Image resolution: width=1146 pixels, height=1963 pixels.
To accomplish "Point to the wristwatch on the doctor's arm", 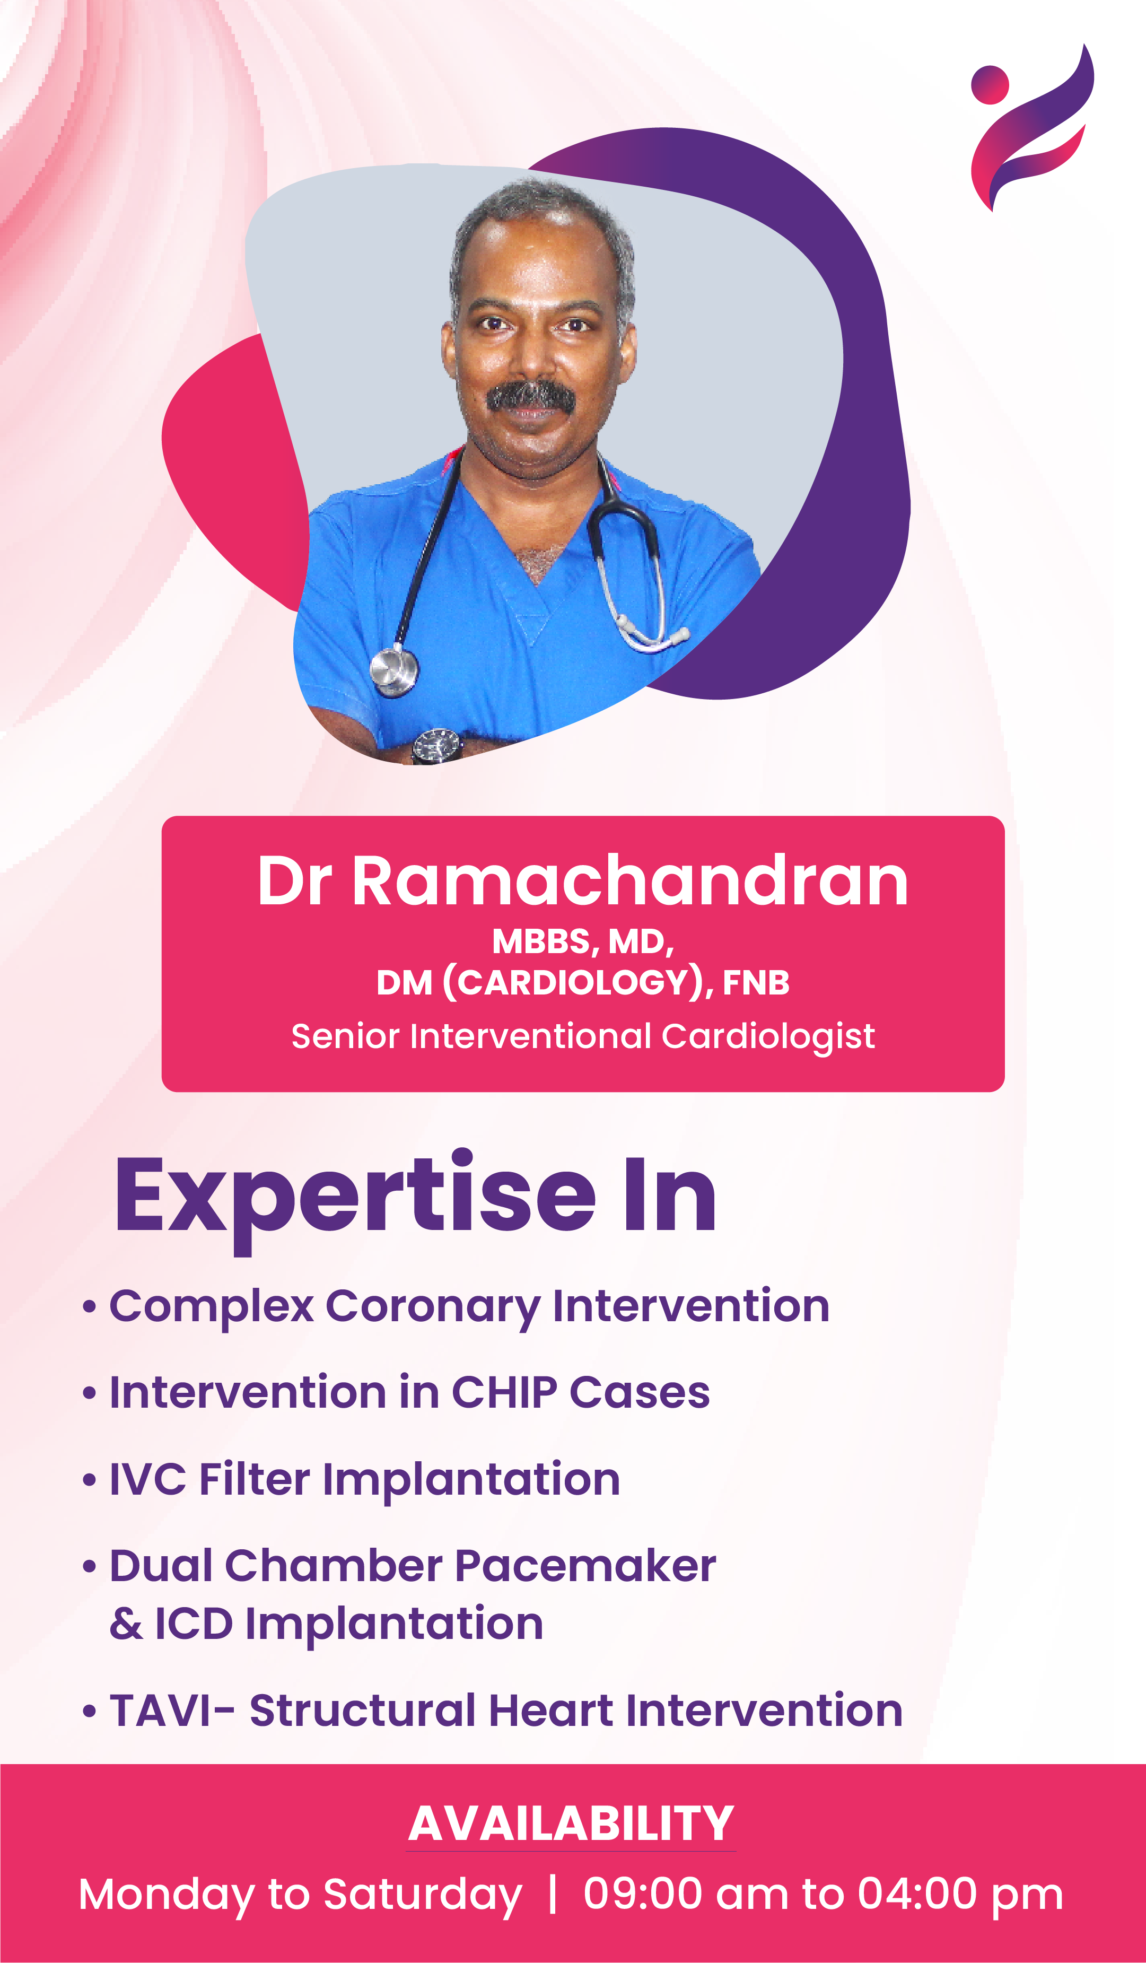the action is (437, 746).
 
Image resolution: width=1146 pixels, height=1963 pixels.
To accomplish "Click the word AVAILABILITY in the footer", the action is (571, 1825).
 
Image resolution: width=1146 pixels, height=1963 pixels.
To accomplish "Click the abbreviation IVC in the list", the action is (147, 1478).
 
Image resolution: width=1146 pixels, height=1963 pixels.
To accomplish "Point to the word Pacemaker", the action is (585, 1566).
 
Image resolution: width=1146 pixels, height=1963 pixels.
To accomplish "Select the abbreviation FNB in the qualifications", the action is (756, 982).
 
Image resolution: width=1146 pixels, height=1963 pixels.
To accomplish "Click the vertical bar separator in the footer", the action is (553, 1895).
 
